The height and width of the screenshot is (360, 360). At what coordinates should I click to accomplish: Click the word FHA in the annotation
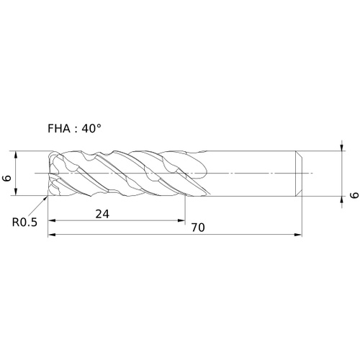click(x=59, y=129)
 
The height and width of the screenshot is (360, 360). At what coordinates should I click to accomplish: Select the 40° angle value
click(x=91, y=129)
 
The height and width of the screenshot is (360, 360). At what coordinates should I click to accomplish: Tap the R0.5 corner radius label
click(x=24, y=222)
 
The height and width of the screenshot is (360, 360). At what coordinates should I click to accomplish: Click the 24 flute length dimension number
click(x=102, y=214)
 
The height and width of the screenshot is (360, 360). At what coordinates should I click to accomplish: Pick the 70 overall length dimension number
click(x=198, y=228)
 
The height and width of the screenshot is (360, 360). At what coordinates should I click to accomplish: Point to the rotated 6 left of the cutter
click(x=7, y=178)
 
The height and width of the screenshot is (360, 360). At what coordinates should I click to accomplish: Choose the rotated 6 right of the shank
click(x=354, y=195)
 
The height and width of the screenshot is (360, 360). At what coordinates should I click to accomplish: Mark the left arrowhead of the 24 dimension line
click(x=52, y=220)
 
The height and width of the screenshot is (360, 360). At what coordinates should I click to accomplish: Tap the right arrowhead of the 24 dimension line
click(x=181, y=220)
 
